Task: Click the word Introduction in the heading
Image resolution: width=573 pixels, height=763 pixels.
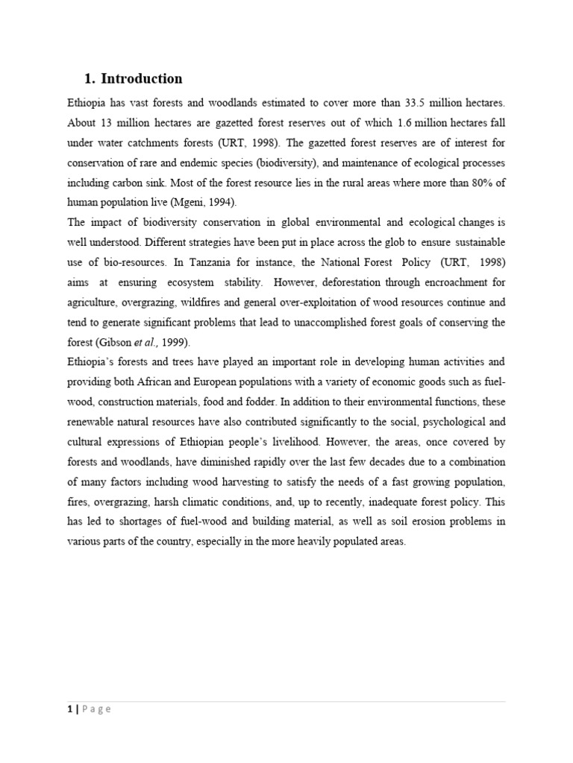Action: (x=141, y=79)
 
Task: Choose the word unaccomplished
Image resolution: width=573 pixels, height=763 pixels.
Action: (x=354, y=322)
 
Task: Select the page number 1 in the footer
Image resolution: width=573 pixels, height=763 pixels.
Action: (x=69, y=709)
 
